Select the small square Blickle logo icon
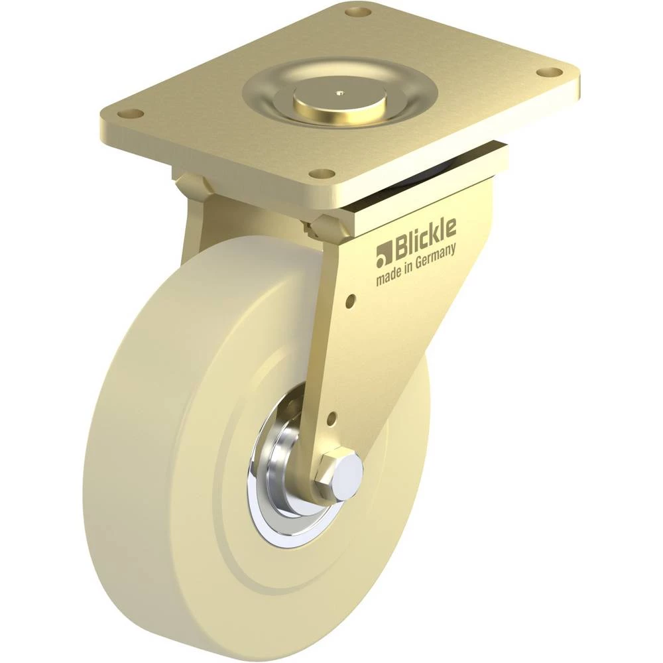(x=383, y=257)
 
